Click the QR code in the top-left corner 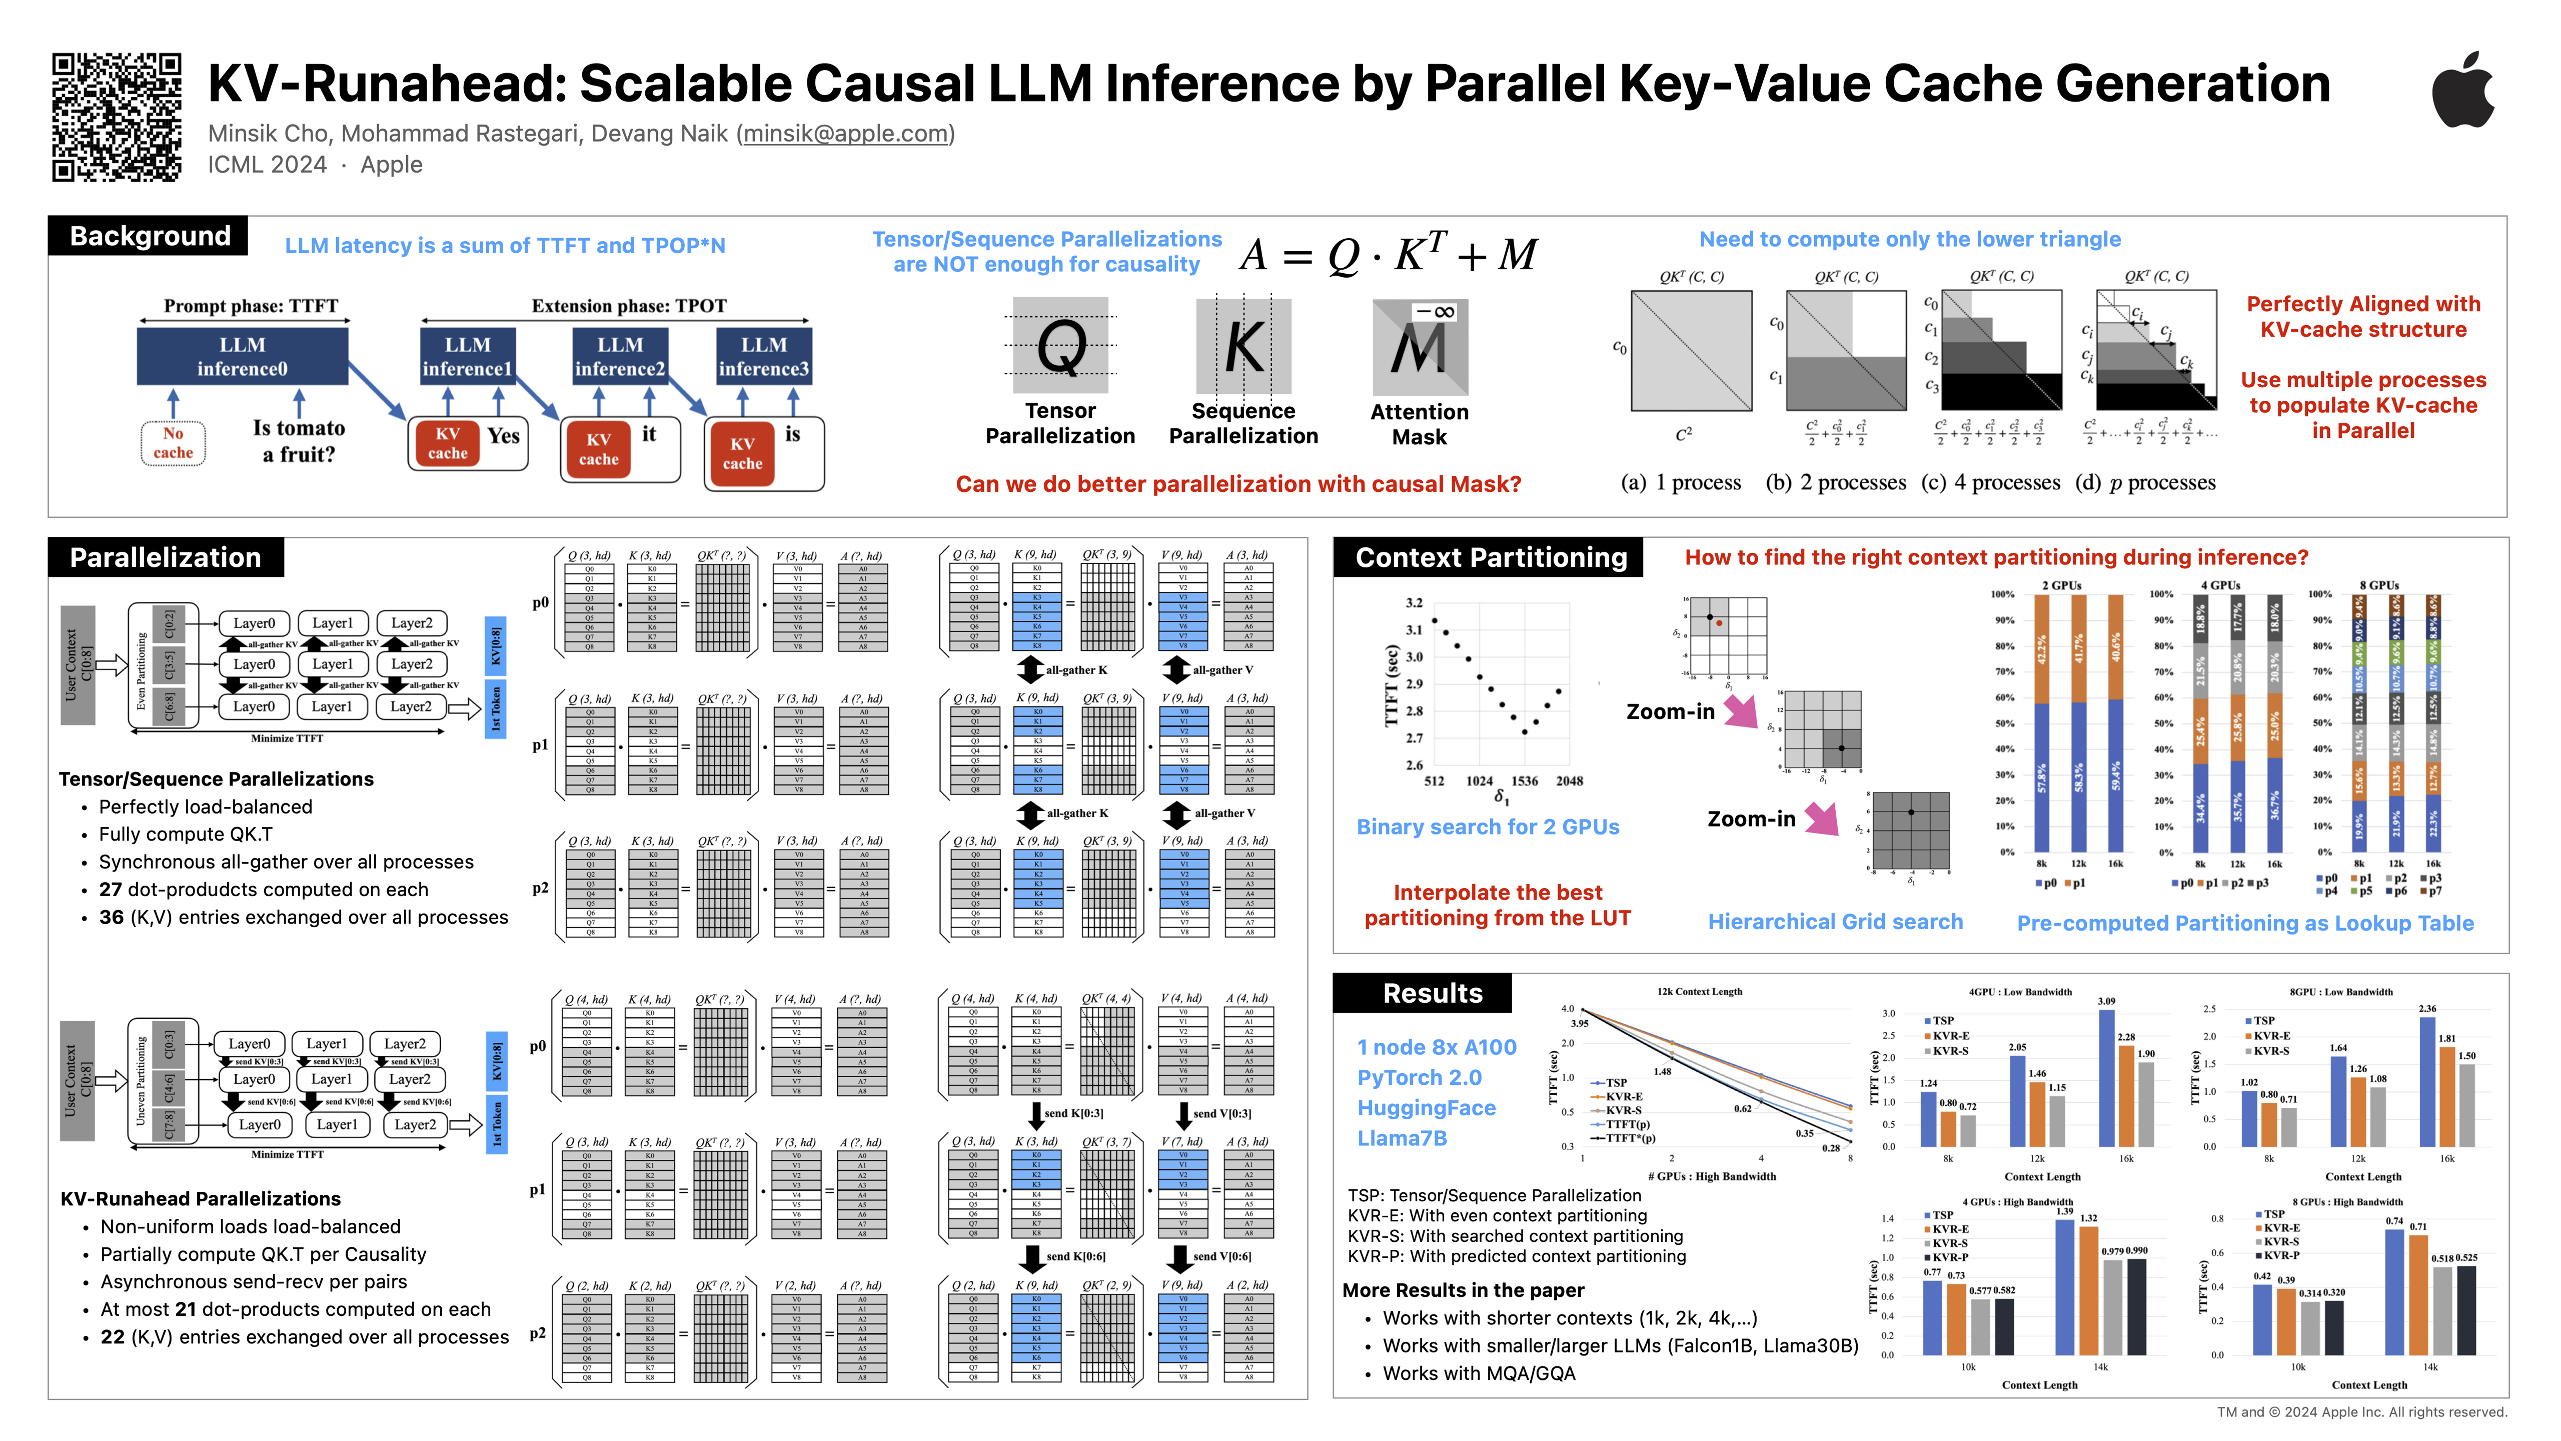117,117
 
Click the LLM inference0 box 243,356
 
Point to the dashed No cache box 173,442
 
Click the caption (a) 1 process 1680,483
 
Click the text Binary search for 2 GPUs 1487,828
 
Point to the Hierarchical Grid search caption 1834,922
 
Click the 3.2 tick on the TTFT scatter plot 1414,602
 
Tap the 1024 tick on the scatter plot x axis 1480,782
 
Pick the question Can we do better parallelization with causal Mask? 1238,484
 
